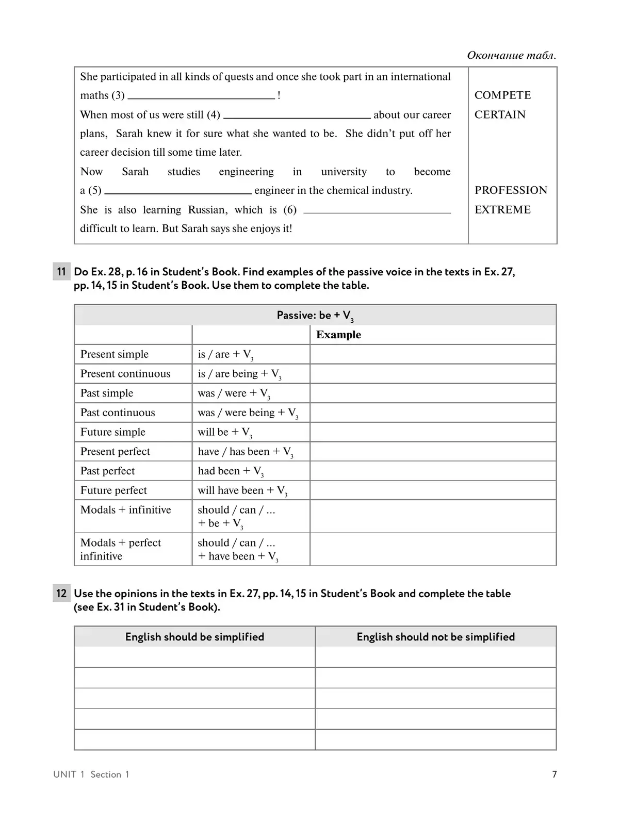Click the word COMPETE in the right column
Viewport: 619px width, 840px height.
tap(502, 95)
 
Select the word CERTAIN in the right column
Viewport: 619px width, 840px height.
tap(499, 114)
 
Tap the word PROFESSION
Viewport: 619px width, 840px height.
tap(511, 190)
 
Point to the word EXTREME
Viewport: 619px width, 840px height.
tap(502, 209)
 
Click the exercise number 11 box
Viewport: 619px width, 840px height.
tap(61, 272)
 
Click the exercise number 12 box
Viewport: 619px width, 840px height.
tap(61, 594)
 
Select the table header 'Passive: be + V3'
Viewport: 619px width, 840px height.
tap(315, 316)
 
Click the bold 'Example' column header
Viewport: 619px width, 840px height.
tap(338, 335)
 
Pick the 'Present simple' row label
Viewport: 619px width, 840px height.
tap(115, 354)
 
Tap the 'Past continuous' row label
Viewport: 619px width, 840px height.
tap(118, 413)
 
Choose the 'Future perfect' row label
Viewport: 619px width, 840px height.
tap(113, 490)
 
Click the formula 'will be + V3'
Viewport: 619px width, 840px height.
tap(224, 433)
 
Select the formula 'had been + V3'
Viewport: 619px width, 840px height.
tap(230, 471)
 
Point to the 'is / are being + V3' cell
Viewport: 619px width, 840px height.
tap(239, 374)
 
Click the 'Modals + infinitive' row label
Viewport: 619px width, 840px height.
tap(125, 510)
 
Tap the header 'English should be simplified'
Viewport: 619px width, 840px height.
tap(194, 637)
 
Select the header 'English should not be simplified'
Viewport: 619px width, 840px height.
tap(435, 637)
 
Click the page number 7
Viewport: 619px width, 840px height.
tap(555, 774)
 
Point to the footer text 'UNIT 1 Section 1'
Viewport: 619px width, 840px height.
tap(91, 775)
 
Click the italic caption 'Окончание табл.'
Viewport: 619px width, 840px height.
tap(511, 55)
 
